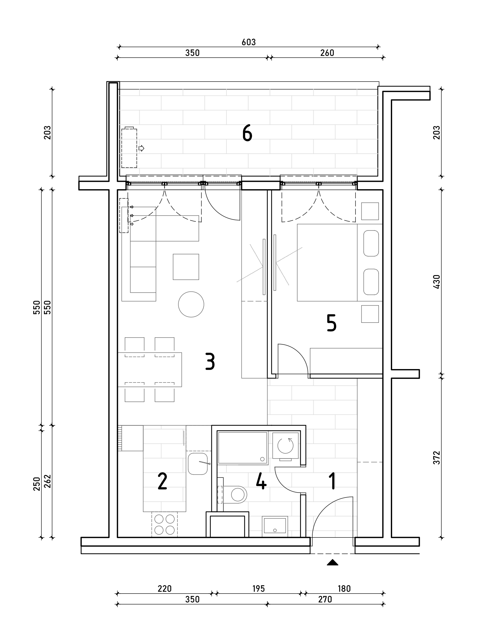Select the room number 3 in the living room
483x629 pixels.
[210, 361]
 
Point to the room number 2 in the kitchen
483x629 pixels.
[162, 481]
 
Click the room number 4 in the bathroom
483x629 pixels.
[261, 481]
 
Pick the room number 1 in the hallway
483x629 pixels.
[332, 481]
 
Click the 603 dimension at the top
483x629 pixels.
[249, 42]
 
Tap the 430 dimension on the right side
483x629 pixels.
[437, 282]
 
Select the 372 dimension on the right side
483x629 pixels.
[437, 457]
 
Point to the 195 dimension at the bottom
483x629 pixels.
[258, 589]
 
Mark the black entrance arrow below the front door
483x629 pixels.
[332, 562]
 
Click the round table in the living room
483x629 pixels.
[191, 304]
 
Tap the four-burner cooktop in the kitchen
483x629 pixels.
[165, 525]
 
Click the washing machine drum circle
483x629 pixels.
[286, 445]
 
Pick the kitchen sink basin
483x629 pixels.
[197, 464]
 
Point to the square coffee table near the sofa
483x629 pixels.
[186, 267]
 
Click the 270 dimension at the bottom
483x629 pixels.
[325, 599]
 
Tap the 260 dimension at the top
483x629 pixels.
[327, 53]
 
